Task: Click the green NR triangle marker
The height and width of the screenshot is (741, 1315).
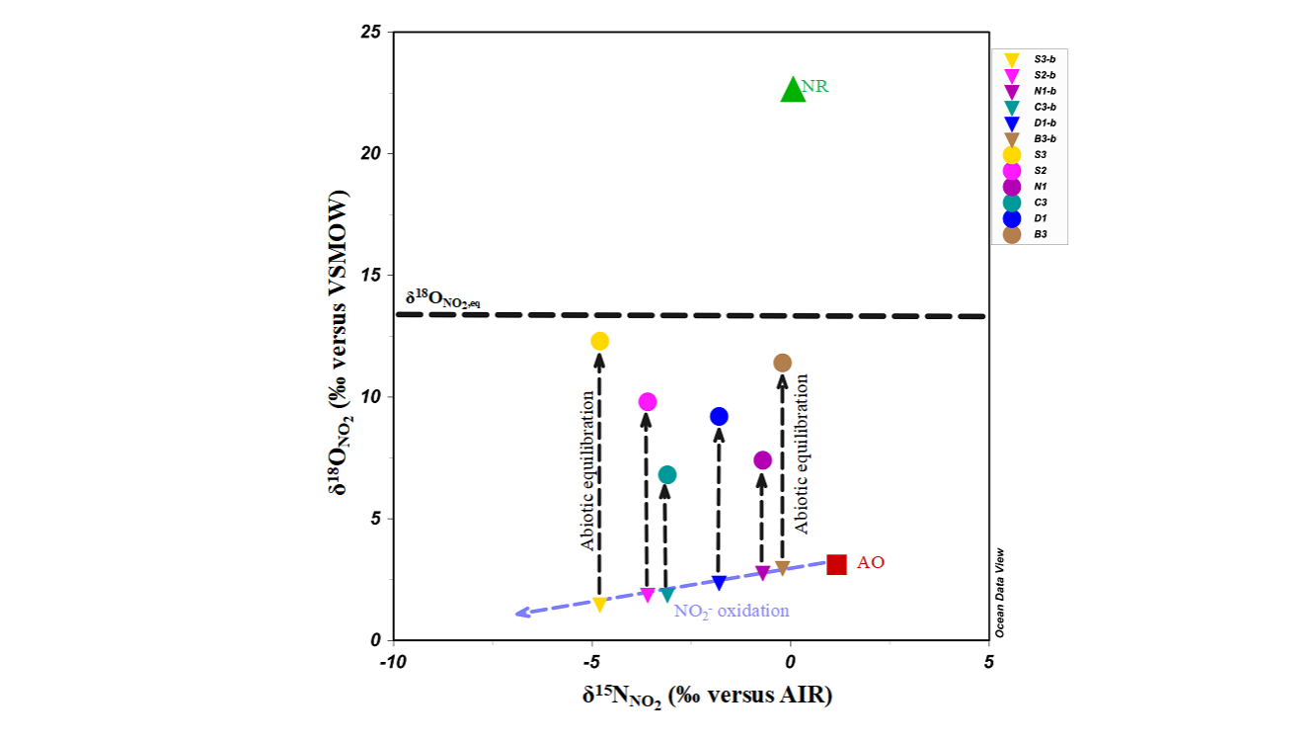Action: [793, 90]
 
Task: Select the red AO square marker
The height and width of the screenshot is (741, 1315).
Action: [836, 564]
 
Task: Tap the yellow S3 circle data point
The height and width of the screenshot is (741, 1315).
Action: [599, 341]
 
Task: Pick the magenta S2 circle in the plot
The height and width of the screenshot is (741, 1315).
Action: [648, 401]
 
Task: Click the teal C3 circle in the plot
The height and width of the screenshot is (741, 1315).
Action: [667, 474]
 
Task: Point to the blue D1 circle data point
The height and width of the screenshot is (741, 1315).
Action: [719, 416]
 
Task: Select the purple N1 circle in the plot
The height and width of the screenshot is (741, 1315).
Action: [762, 459]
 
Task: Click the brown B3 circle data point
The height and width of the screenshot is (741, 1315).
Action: [782, 363]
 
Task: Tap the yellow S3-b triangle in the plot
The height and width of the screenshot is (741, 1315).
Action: [599, 604]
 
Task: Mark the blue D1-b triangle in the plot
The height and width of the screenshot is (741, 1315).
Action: [719, 582]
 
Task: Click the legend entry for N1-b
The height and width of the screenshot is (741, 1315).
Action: [1030, 91]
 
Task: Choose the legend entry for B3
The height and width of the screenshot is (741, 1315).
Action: [1030, 234]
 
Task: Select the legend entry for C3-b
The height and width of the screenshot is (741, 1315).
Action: [1030, 107]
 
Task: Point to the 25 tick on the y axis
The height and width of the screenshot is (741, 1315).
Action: [371, 32]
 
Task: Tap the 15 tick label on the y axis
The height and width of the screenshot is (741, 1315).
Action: [371, 275]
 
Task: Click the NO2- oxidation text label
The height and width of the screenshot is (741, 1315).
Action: [732, 611]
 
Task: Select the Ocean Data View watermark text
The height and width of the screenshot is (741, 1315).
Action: [999, 592]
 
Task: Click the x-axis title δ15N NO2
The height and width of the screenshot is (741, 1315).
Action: [707, 696]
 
